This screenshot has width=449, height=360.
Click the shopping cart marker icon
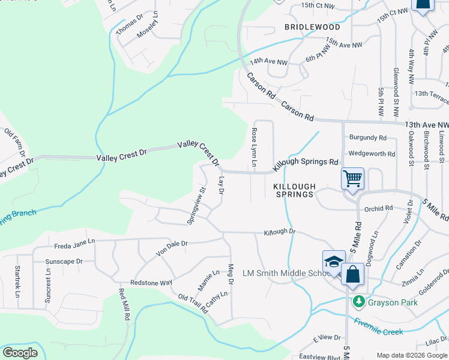[352, 178]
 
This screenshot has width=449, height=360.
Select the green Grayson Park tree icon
[358, 302]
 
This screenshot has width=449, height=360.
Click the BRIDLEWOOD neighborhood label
[312, 27]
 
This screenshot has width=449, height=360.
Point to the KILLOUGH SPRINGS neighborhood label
[294, 191]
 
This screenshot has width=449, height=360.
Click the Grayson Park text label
[393, 303]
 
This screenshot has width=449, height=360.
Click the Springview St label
[196, 205]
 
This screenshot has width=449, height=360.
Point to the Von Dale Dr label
[172, 248]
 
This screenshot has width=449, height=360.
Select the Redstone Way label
[151, 282]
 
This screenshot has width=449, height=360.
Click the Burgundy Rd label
[368, 138]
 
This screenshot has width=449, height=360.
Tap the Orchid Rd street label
[378, 209]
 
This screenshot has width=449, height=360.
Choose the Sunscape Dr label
[64, 262]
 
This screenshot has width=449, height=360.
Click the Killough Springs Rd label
[307, 163]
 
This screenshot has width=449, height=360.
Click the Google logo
[20, 353]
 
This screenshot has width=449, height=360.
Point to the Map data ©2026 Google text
[412, 355]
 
